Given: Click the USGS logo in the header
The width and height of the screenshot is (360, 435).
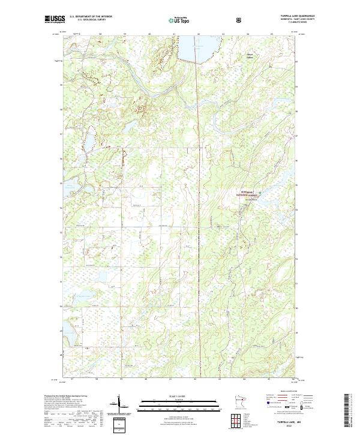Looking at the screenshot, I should [55, 20].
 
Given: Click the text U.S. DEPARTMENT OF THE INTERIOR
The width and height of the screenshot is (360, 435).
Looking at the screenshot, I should [91, 17].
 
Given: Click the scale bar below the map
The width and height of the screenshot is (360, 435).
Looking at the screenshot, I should [179, 406].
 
